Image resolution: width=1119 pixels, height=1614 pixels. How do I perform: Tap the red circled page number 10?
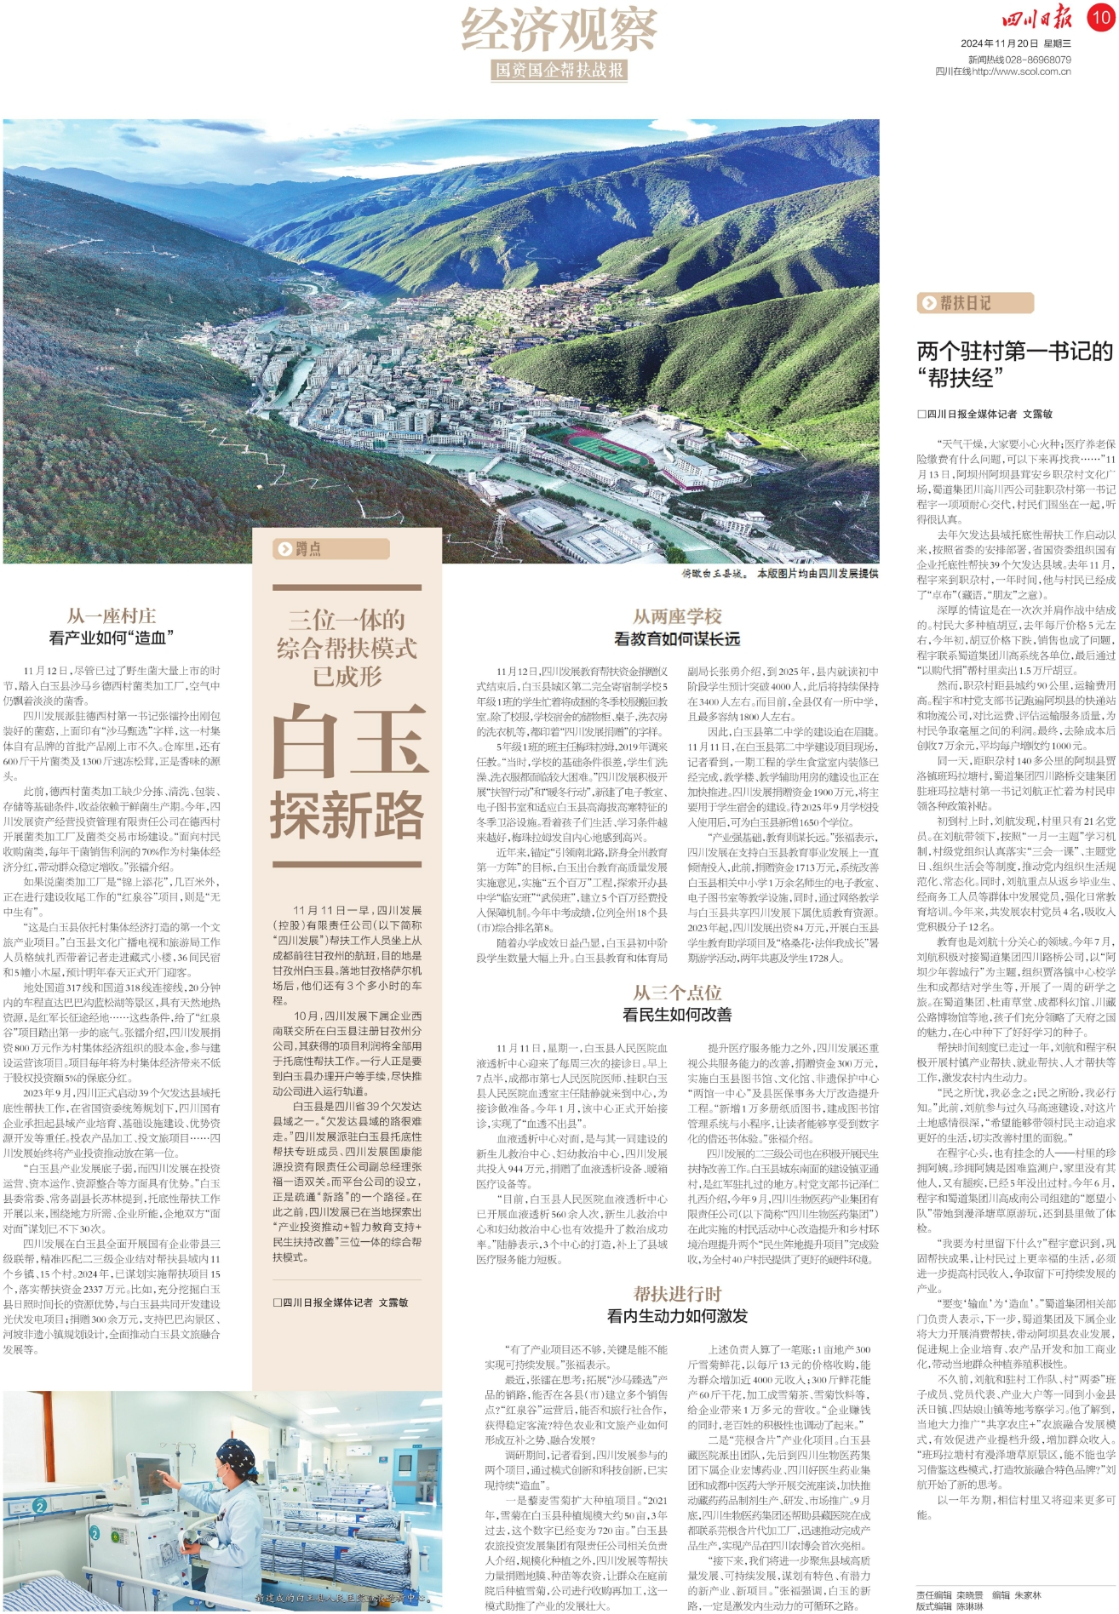click(x=1099, y=16)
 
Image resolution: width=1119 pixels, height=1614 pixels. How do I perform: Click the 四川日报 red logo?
click(x=1036, y=17)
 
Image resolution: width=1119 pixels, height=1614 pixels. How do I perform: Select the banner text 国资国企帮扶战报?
click(x=559, y=71)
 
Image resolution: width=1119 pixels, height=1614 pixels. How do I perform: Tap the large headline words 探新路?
click(x=347, y=815)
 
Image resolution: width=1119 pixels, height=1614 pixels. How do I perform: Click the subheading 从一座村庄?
click(x=112, y=615)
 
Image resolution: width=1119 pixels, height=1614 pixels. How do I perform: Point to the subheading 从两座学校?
click(x=677, y=615)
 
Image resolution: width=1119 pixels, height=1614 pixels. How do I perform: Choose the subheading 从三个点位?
click(x=677, y=993)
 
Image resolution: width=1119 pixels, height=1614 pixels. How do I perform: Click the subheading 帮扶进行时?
click(x=677, y=1294)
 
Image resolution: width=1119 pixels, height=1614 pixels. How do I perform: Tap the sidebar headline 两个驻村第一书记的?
click(x=1014, y=351)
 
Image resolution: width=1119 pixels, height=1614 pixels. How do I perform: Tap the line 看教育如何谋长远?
click(x=677, y=638)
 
